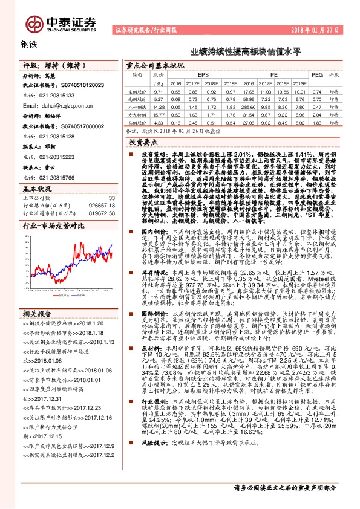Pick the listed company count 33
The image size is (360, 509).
click(x=111, y=198)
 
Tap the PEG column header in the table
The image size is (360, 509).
click(x=316, y=74)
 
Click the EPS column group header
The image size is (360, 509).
click(x=203, y=74)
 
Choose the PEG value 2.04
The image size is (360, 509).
click(x=316, y=114)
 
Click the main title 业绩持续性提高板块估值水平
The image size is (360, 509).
click(x=245, y=53)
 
